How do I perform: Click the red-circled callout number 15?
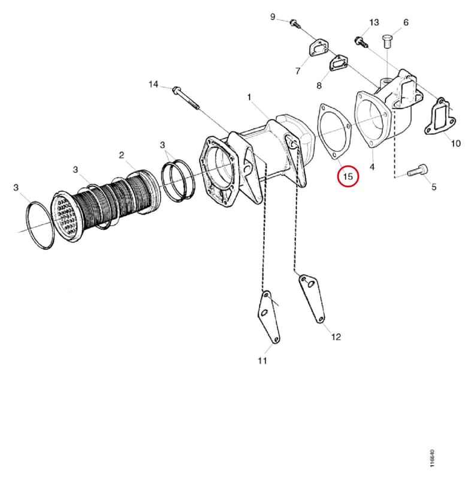pos(348,176)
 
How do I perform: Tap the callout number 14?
pos(153,84)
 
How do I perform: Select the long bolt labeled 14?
pos(186,97)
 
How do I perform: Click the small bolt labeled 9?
pos(294,23)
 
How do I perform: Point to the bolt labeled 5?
pos(418,170)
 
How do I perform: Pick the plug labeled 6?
pos(388,41)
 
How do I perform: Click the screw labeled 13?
pos(361,43)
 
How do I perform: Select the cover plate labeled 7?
pos(319,48)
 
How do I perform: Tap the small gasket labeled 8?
pos(338,64)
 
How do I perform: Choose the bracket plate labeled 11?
pos(268,317)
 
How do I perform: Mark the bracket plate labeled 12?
pos(312,298)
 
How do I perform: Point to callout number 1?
pos(249,97)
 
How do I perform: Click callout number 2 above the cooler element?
pos(122,155)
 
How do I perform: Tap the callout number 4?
pos(372,167)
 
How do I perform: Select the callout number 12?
pos(336,337)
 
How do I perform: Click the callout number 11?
pos(262,361)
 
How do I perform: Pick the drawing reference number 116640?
pos(432,458)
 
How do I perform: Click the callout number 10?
pos(455,143)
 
